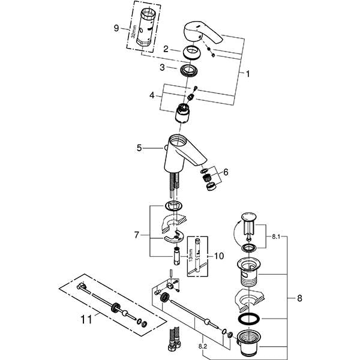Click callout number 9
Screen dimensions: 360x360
coord(116,28)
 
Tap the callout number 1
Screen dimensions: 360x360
coord(248,74)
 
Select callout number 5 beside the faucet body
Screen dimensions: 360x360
coord(139,148)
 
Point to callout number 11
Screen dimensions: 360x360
coord(86,319)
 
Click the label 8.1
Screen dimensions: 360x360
coord(276,236)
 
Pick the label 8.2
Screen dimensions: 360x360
coord(203,346)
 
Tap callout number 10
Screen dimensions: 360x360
coord(219,256)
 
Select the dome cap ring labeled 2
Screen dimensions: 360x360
coord(191,52)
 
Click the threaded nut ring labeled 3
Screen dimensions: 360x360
coord(189,70)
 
